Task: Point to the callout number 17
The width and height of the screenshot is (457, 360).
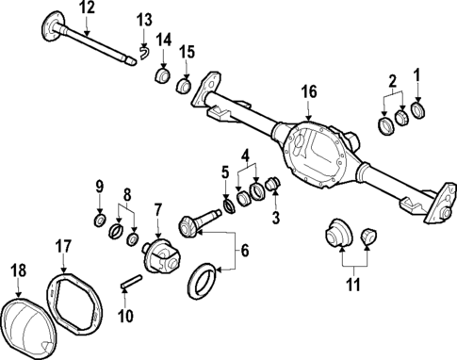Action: pos(62,248)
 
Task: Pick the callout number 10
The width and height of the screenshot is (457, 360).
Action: pos(125,316)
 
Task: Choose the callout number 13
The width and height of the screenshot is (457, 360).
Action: pos(143,20)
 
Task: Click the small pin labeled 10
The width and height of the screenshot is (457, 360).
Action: pos(131,281)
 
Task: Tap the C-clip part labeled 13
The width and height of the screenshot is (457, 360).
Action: pos(144,53)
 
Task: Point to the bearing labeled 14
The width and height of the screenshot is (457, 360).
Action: pos(162,74)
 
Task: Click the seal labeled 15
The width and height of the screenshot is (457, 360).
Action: pos(186,87)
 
